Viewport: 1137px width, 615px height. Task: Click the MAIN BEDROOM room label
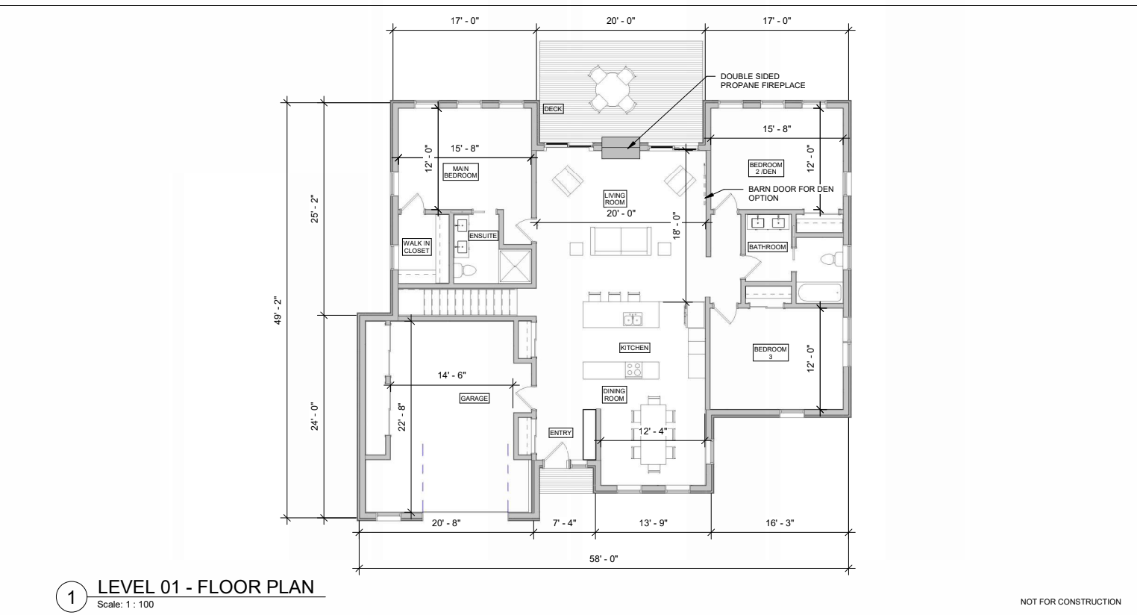click(x=461, y=172)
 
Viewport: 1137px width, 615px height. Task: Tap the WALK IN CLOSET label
click(x=416, y=247)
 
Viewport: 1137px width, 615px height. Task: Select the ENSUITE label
click(x=483, y=236)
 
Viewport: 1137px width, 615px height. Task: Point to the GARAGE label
click(x=474, y=399)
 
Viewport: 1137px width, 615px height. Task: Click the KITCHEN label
click(x=634, y=348)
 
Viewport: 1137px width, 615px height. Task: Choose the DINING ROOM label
click(x=614, y=395)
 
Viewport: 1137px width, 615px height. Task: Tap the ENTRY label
click(x=561, y=433)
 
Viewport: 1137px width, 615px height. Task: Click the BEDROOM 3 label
click(x=771, y=352)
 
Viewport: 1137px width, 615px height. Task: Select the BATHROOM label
click(x=768, y=247)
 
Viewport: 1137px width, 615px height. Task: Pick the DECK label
click(x=553, y=109)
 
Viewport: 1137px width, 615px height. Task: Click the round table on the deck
click(x=613, y=89)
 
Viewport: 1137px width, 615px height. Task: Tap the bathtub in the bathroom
click(x=818, y=293)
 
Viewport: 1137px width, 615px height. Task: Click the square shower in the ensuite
click(x=516, y=266)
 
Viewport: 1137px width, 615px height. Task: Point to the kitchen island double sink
click(x=633, y=319)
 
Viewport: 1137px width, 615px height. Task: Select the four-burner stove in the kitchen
click(x=633, y=369)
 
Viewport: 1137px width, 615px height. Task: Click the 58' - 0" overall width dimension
click(x=604, y=559)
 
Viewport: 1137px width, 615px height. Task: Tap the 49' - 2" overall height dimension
click(x=277, y=311)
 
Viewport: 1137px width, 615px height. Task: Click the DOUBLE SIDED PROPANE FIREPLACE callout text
click(x=763, y=81)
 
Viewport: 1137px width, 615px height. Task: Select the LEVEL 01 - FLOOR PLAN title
click(x=206, y=587)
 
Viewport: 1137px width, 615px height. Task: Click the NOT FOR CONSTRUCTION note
click(x=1071, y=602)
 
